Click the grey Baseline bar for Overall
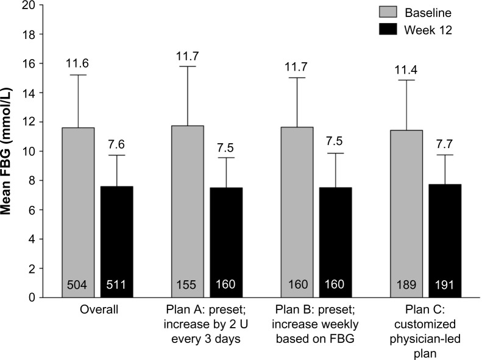78,213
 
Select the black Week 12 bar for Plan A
226,242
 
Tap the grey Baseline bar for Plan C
406,214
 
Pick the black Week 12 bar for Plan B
335,242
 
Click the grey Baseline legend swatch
388,12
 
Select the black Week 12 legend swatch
388,29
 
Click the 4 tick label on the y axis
32,239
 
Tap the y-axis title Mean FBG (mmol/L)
6,151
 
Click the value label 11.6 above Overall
77,63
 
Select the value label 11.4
406,70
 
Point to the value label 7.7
444,144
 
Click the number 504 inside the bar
77,284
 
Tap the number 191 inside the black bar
444,284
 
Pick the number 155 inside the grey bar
186,284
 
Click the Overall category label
99,309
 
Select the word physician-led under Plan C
425,339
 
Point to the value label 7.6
116,144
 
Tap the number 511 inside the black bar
116,284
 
